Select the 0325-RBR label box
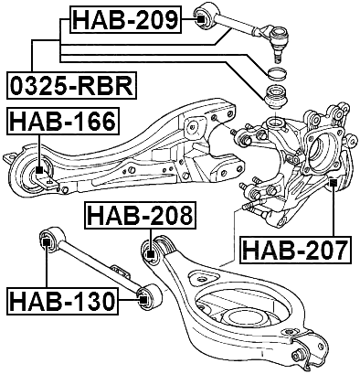click(71, 86)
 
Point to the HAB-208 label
click(140, 216)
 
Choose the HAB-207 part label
click(295, 248)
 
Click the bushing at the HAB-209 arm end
click(205, 16)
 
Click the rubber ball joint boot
click(274, 95)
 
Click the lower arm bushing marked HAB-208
click(154, 249)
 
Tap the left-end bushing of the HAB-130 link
click(47, 240)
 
